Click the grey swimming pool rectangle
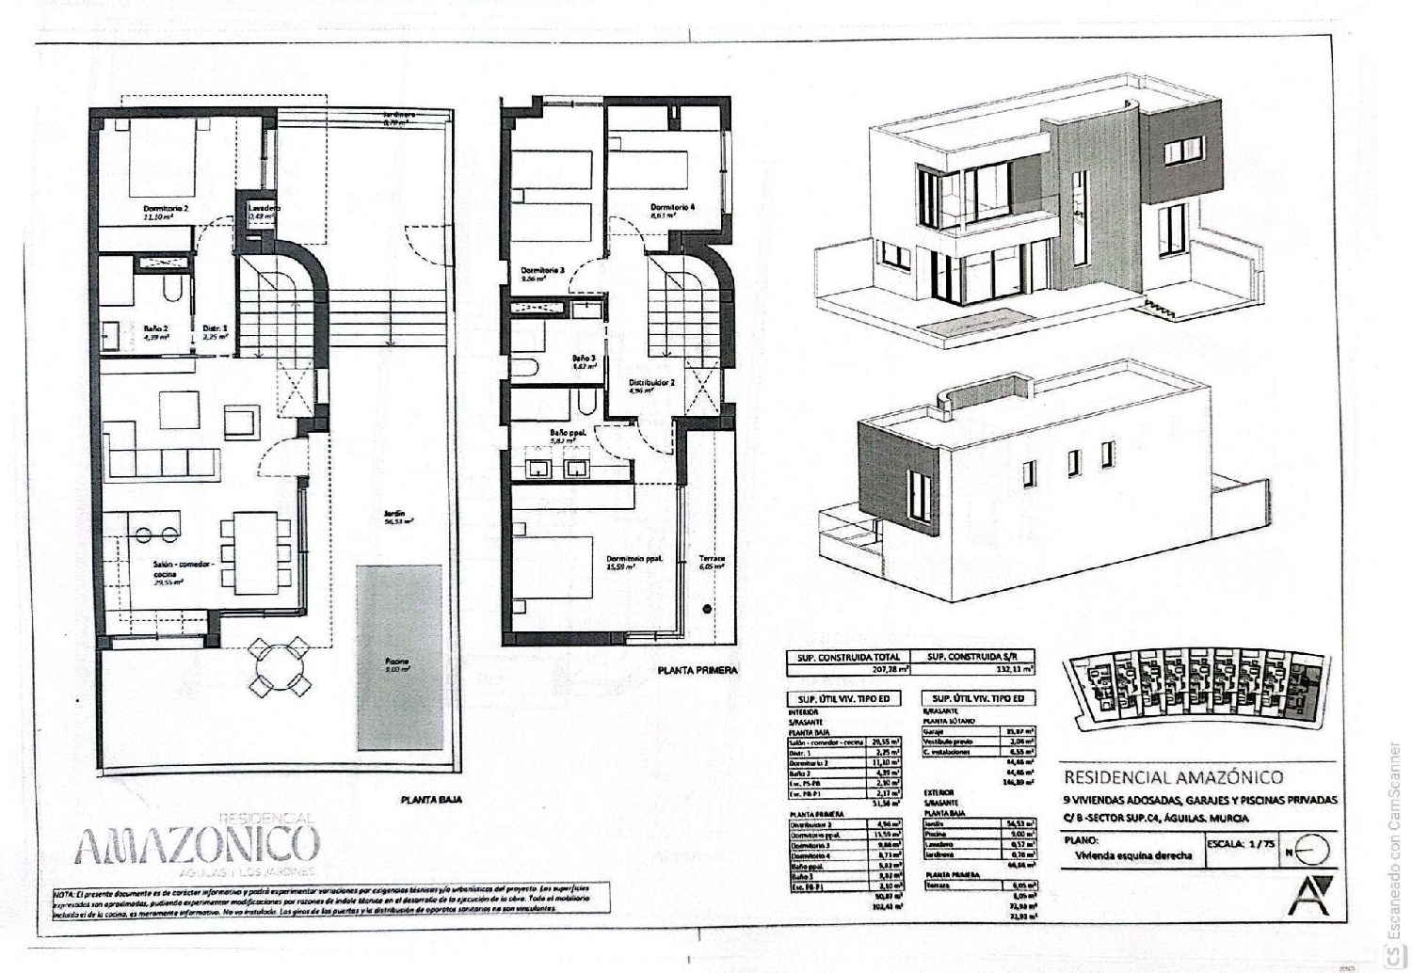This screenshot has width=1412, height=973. click(399, 656)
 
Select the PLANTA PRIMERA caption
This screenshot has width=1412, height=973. click(698, 672)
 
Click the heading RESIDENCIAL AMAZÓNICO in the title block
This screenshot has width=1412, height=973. click(1173, 777)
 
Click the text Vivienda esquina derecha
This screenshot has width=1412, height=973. click(1133, 855)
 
